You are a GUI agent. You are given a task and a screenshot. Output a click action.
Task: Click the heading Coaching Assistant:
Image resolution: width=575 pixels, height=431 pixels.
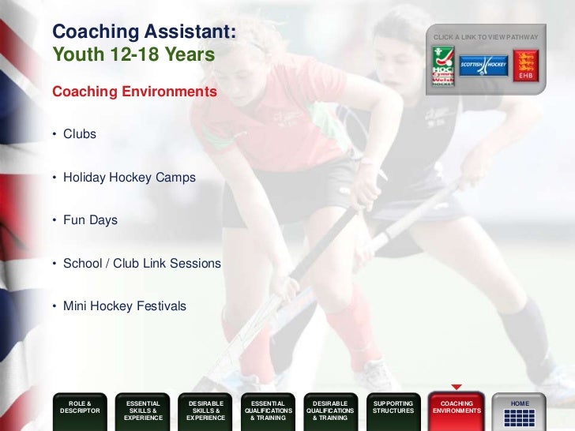144,32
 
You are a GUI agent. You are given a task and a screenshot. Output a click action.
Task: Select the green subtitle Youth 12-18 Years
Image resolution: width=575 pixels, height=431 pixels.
133,56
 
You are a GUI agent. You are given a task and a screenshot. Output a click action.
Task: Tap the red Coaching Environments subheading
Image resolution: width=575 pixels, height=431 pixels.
134,92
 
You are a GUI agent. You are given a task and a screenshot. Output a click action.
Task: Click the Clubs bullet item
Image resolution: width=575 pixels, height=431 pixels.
79,134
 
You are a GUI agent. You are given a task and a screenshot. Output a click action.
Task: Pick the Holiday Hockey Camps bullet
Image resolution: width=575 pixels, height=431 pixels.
129,178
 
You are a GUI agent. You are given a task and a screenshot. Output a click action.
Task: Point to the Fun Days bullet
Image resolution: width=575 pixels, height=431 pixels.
90,220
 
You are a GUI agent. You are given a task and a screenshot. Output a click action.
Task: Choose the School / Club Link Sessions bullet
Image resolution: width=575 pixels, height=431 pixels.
141,263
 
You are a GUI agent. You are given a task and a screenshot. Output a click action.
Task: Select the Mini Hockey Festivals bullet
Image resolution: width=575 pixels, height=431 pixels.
124,305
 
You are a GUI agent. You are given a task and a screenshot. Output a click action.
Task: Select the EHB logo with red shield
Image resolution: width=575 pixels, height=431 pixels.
524,66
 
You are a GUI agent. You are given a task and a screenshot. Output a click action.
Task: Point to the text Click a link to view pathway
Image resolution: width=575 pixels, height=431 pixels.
486,37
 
